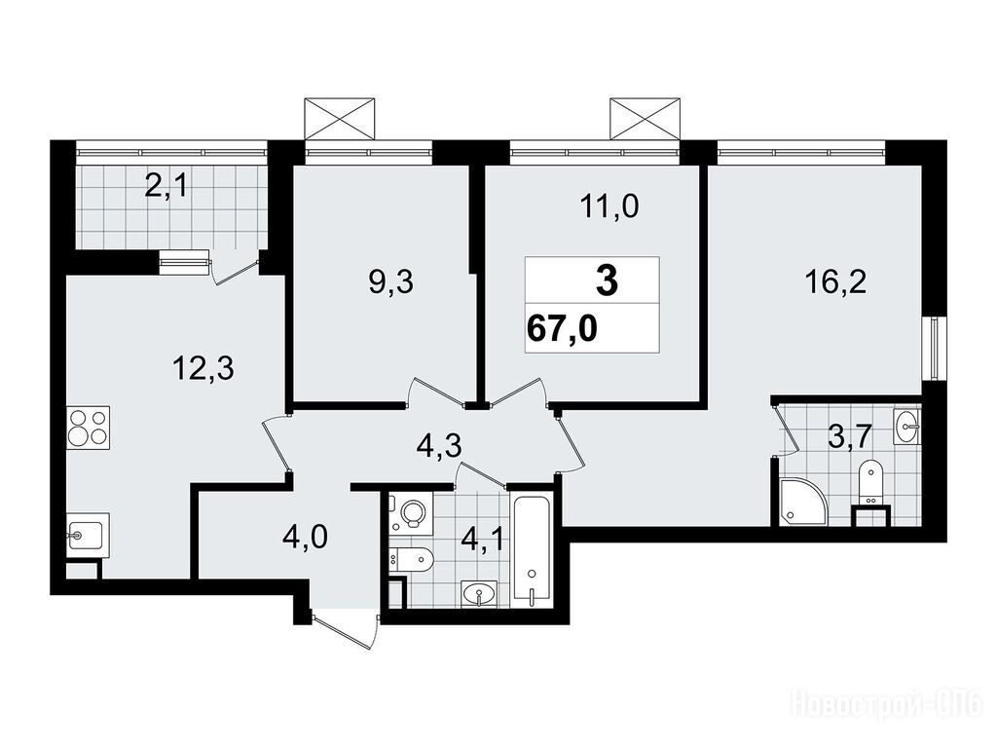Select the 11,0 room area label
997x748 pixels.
point(609,206)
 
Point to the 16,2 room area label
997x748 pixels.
point(834,281)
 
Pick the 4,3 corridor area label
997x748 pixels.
point(438,445)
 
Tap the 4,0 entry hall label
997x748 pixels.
point(305,538)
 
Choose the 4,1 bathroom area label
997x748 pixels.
point(484,541)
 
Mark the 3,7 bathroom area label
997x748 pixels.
point(848,439)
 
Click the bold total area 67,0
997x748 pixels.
point(562,330)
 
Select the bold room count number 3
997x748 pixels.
point(608,280)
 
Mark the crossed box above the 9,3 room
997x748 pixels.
point(339,118)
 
